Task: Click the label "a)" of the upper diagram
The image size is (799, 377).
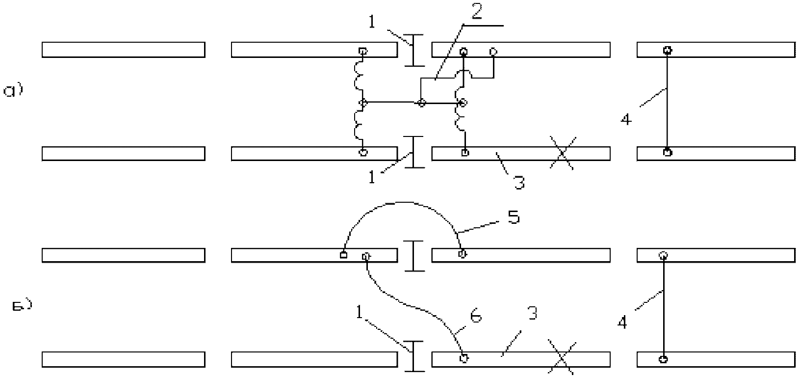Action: [x=13, y=91]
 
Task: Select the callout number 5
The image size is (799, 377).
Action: [x=513, y=217]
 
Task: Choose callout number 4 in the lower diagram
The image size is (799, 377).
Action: [x=622, y=323]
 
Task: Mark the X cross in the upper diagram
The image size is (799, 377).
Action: [x=563, y=153]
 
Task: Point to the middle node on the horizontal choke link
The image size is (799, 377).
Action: [x=421, y=103]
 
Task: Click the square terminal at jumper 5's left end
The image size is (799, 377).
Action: [x=343, y=255]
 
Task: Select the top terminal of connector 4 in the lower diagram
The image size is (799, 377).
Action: [x=663, y=255]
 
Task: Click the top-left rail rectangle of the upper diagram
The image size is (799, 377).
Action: [x=123, y=50]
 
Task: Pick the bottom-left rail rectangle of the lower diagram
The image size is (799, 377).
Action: [x=123, y=359]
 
